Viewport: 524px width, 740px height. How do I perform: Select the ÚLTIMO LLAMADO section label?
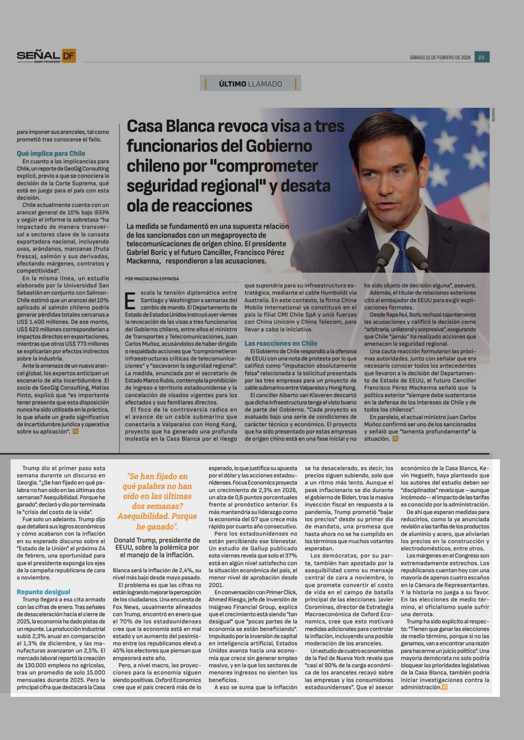(250, 84)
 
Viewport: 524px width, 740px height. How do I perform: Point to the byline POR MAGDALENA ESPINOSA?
(152, 279)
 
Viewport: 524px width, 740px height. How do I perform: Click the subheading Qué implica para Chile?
(51, 153)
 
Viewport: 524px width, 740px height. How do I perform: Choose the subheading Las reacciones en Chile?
(281, 343)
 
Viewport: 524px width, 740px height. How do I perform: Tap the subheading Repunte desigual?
(44, 592)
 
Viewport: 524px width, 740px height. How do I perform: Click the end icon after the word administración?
(445, 687)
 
